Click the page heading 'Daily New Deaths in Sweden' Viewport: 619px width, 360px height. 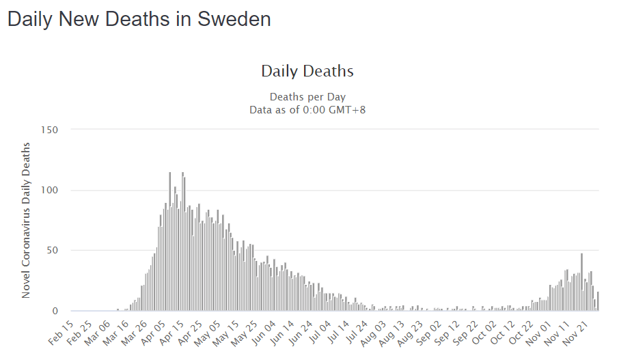[139, 19]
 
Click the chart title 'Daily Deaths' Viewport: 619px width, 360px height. [307, 71]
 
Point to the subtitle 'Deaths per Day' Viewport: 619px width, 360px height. [307, 97]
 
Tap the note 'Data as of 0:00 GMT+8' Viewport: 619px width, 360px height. [307, 109]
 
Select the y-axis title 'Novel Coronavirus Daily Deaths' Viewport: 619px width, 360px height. [26, 220]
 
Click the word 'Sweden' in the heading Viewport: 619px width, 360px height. [234, 19]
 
